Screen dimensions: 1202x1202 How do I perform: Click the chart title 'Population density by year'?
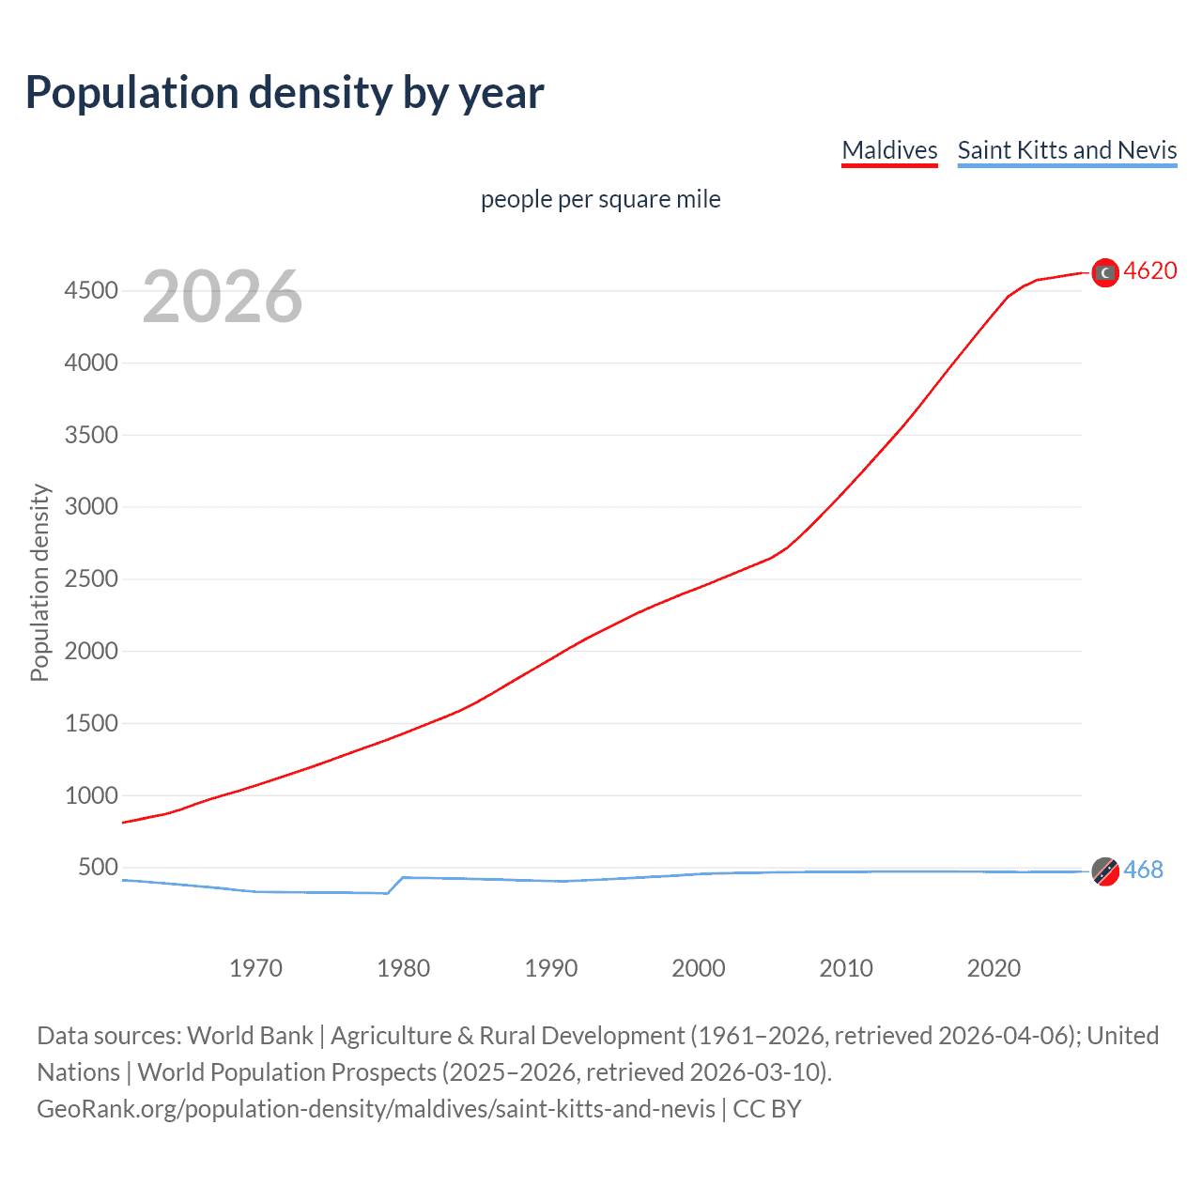[x=285, y=93]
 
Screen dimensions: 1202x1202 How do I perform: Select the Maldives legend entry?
[x=889, y=150]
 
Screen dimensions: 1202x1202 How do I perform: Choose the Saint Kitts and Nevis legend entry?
[x=1067, y=150]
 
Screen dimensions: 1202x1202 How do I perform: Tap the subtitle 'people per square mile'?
[x=600, y=199]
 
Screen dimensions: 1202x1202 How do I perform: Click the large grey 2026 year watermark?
[x=223, y=297]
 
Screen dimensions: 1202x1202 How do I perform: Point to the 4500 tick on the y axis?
[x=91, y=291]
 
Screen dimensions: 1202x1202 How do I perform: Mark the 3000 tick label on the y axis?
[x=91, y=507]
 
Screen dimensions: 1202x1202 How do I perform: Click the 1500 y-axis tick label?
[x=91, y=723]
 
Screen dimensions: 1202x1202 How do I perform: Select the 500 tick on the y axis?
[x=98, y=868]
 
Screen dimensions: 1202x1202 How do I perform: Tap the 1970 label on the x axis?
[x=255, y=968]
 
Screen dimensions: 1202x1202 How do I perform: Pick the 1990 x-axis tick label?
[x=551, y=968]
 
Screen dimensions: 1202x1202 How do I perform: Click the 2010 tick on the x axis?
[x=846, y=968]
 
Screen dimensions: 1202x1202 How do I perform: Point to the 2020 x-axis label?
[x=994, y=968]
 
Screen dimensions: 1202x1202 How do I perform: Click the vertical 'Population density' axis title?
[x=39, y=582]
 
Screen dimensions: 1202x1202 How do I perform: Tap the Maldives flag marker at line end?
[x=1105, y=272]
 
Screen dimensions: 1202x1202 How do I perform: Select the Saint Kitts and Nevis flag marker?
[x=1105, y=871]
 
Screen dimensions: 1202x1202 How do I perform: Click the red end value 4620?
[x=1150, y=271]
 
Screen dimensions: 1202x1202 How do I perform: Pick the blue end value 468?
[x=1143, y=871]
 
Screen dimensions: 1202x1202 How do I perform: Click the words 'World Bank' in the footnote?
[x=250, y=1036]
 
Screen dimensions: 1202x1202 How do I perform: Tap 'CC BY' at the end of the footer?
[x=766, y=1109]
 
